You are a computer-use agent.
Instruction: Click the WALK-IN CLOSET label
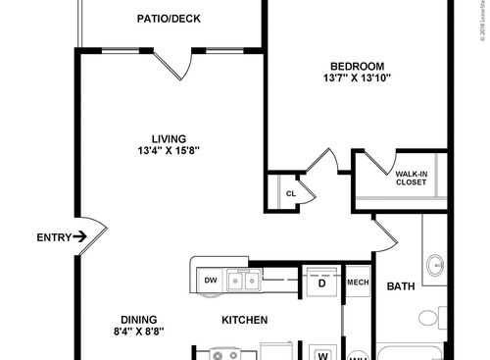point(411,178)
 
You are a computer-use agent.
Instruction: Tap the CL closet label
point(291,193)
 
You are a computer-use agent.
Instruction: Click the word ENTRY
point(51,236)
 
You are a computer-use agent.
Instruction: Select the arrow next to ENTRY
point(80,236)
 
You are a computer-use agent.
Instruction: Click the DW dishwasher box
point(210,282)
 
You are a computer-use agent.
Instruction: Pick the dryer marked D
point(321,282)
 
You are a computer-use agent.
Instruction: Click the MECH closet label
point(357,283)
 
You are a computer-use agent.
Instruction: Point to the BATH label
point(401,286)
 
